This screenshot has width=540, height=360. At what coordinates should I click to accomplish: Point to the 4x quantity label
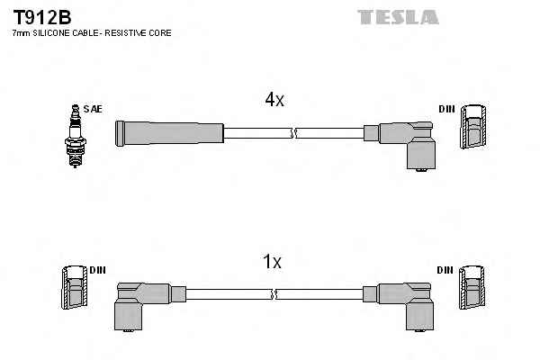coord(274,101)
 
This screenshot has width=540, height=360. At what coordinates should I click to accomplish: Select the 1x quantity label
coord(272,262)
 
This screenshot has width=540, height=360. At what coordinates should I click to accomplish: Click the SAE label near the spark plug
coord(93,109)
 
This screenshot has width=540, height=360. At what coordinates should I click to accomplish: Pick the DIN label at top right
coord(447,109)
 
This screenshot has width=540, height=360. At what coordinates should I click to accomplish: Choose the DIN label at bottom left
coord(97,270)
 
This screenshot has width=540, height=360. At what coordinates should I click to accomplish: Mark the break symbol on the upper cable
coord(292,134)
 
